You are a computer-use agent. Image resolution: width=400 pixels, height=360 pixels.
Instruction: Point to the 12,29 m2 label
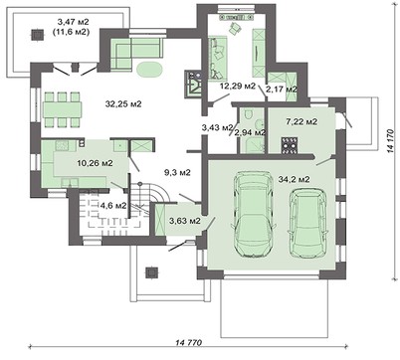click(x=237, y=87)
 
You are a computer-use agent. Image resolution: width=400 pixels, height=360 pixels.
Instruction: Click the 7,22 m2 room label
click(x=300, y=121)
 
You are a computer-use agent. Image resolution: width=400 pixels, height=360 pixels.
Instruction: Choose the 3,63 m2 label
click(x=185, y=221)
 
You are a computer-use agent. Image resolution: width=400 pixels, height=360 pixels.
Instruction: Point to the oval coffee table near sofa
click(x=149, y=70)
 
